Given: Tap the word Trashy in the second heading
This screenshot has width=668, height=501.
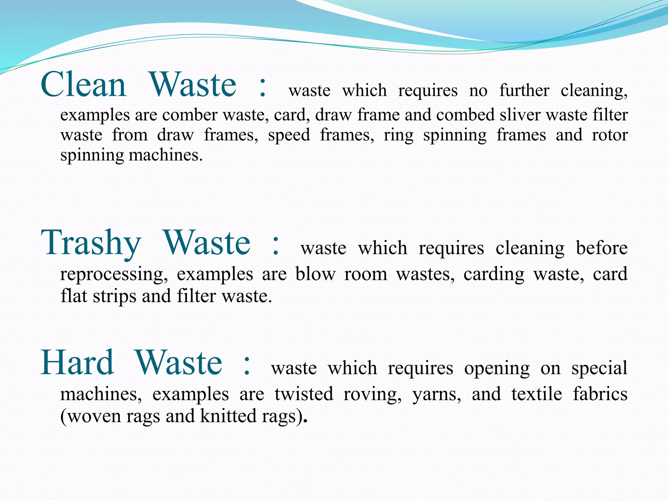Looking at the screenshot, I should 91,243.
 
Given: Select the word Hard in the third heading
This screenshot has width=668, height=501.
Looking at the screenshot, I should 77,363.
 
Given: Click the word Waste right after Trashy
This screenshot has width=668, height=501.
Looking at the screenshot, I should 207,243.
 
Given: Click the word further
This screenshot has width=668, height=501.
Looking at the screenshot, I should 524,90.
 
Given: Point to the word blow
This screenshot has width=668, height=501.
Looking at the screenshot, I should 315,274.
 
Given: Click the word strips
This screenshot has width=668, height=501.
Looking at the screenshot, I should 114,296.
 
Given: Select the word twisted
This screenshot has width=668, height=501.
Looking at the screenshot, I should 304,394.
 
